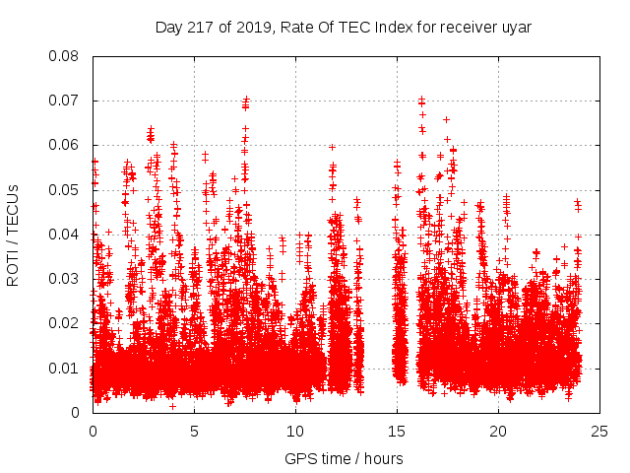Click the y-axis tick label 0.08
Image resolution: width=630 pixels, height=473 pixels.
[65, 56]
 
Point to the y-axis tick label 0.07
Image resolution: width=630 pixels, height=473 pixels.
[65, 101]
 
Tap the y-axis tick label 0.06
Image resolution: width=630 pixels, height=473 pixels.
[65, 145]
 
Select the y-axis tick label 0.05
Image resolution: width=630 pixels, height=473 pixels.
[65, 189]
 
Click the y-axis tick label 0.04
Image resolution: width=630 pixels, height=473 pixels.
[65, 235]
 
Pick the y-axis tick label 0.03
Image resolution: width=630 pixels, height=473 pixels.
[65, 279]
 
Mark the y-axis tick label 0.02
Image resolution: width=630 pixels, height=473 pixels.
[65, 323]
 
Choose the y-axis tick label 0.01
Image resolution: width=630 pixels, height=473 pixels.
[65, 369]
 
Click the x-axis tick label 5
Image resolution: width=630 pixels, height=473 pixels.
[195, 431]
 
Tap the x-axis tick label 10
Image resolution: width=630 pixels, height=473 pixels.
[296, 431]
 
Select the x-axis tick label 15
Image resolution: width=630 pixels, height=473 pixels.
[398, 431]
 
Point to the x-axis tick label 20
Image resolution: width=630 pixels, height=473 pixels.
[499, 431]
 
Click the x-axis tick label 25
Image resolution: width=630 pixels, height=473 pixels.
[600, 431]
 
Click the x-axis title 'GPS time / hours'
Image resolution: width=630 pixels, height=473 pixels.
[344, 458]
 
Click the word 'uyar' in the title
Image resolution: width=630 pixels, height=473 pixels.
[516, 28]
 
